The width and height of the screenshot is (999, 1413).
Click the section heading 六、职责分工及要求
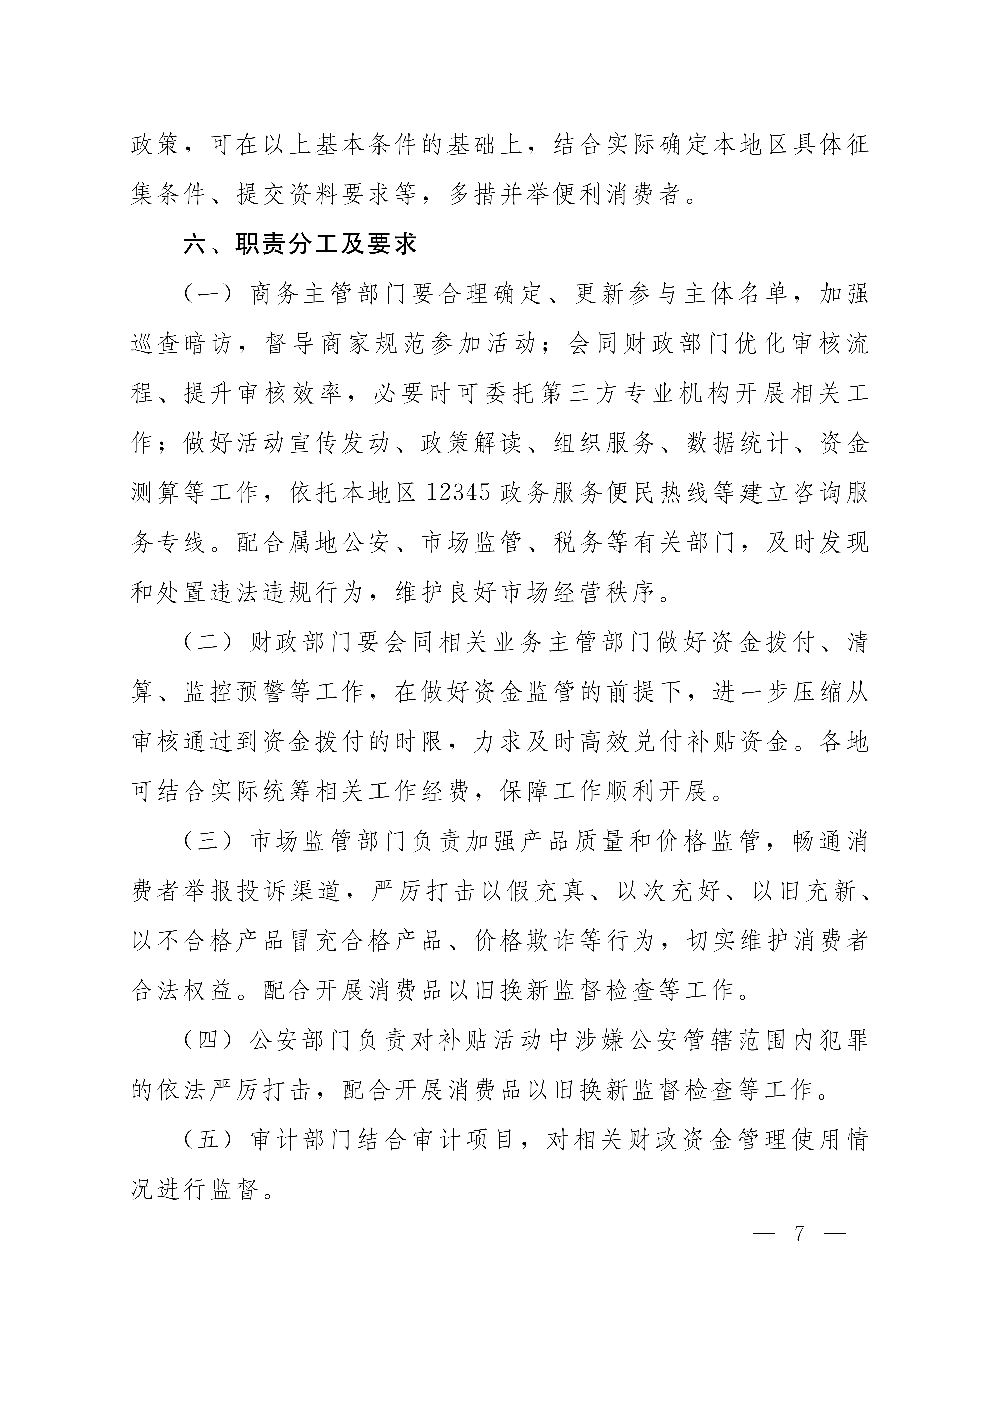point(300,244)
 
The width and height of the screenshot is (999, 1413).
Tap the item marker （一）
point(209,294)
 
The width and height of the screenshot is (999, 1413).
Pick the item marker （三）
point(209,841)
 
